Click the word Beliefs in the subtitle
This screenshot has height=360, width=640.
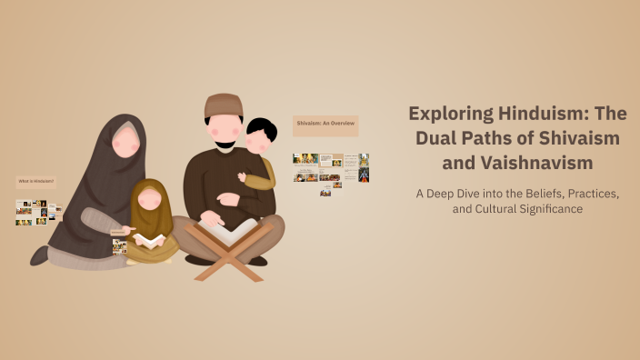pos(535,193)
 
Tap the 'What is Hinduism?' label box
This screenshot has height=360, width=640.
pos(36,182)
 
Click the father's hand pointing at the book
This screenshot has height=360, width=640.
pos(209,219)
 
